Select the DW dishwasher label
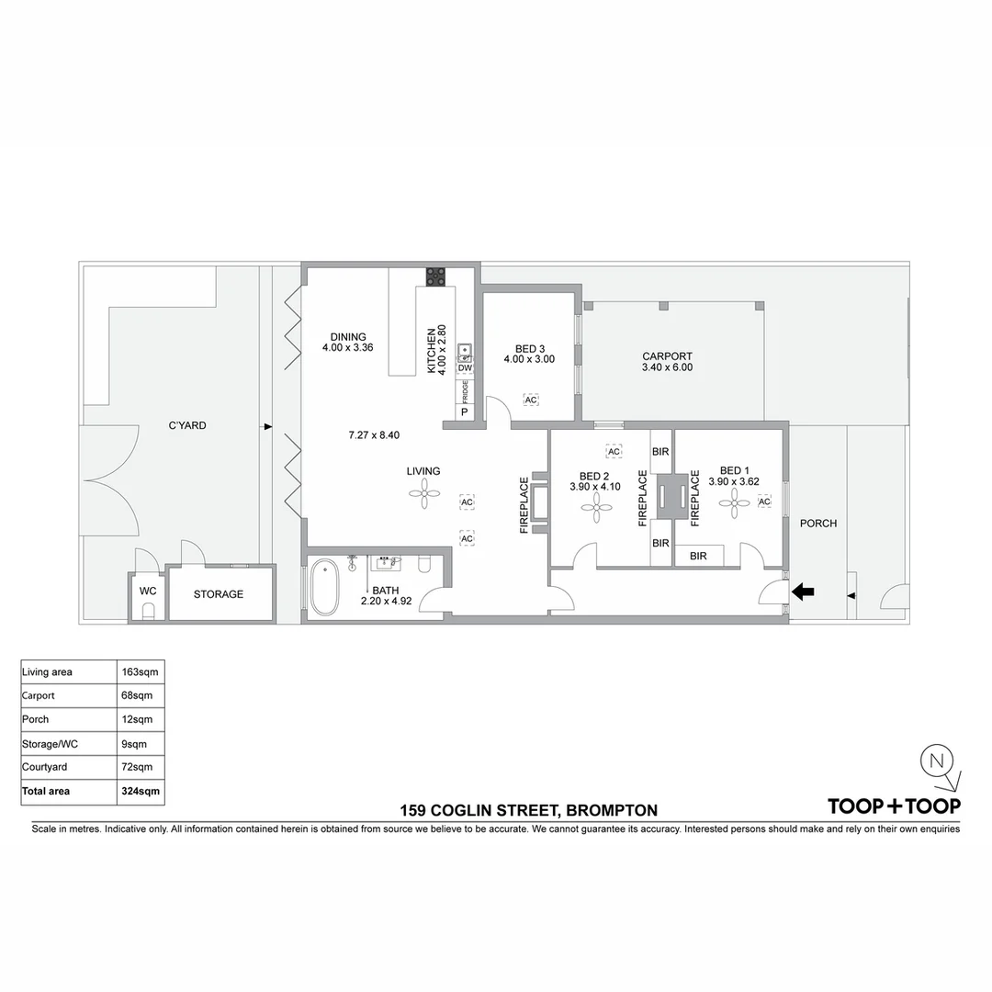point(465,368)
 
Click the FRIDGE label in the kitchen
point(465,391)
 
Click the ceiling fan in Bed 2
point(597,505)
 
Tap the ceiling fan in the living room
point(423,496)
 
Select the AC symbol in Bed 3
point(531,400)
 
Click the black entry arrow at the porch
point(803,592)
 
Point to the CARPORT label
point(667,356)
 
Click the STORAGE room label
point(219,594)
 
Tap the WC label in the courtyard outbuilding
point(148,591)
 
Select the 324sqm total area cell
point(141,790)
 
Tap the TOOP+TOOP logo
point(894,806)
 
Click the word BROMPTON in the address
point(612,810)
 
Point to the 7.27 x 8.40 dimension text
point(374,434)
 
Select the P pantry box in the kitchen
point(465,412)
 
